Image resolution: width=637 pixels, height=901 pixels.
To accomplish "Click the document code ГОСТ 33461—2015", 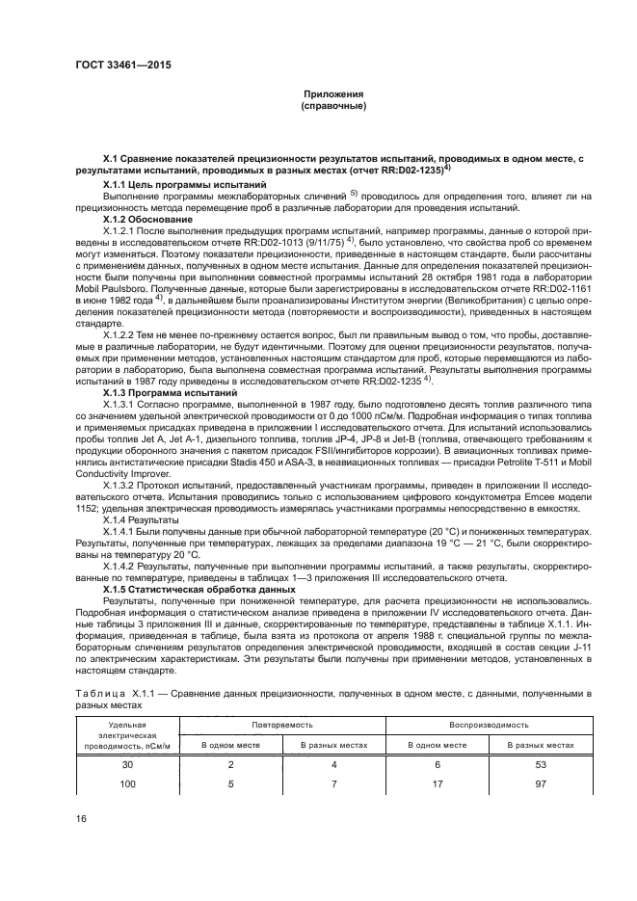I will [117, 67].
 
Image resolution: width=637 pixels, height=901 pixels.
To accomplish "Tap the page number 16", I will [81, 819].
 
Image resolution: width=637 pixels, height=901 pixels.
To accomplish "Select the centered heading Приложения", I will [332, 93].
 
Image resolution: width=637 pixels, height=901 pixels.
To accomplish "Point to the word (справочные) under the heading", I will [332, 105].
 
